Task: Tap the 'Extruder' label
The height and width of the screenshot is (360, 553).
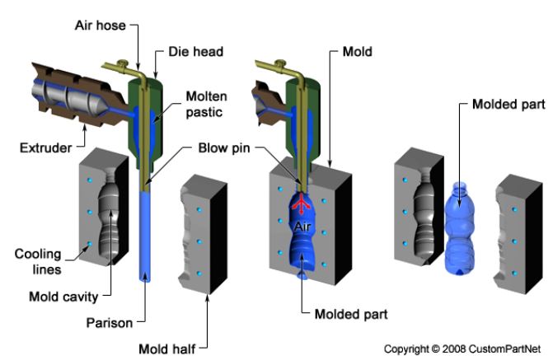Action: (x=44, y=147)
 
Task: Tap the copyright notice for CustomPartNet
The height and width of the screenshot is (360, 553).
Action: (x=464, y=348)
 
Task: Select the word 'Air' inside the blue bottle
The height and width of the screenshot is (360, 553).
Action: (x=304, y=220)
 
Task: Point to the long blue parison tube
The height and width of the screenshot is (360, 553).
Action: (x=146, y=239)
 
